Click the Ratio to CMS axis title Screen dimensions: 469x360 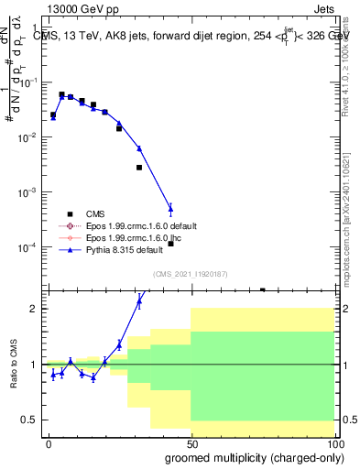click(x=13, y=365)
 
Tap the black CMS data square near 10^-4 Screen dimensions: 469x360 click(x=170, y=244)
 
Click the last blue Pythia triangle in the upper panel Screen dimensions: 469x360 click(x=170, y=208)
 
